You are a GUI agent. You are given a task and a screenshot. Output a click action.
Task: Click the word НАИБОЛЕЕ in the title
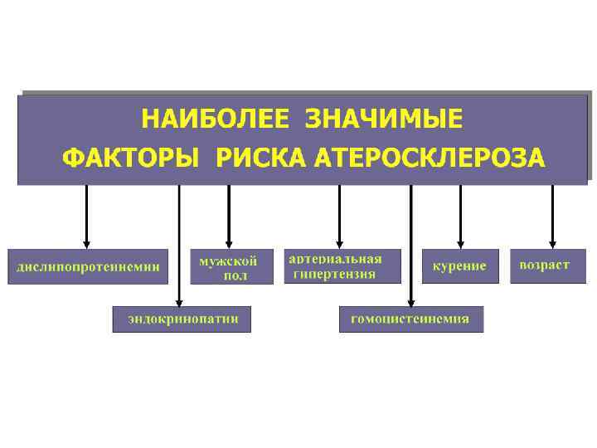(213, 119)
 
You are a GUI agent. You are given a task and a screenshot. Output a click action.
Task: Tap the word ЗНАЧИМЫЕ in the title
(384, 119)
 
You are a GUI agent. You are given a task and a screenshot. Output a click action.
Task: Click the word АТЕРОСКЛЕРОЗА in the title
(430, 158)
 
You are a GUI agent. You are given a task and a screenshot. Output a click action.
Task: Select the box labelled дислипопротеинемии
(88, 266)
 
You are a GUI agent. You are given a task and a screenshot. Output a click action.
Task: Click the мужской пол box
(231, 266)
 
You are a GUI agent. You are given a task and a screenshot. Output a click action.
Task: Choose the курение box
(460, 266)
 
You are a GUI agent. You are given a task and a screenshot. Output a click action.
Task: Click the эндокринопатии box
(182, 319)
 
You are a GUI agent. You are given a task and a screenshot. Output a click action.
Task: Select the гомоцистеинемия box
(410, 319)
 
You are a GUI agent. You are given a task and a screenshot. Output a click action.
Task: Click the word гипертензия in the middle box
(334, 274)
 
